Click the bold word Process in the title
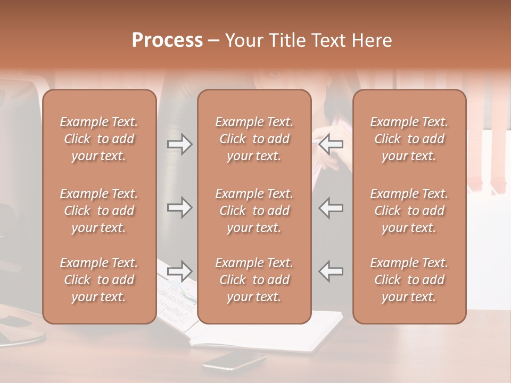[167, 40]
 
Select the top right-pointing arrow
[180, 144]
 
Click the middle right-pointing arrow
[180, 207]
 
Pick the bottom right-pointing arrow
[180, 271]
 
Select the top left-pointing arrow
[331, 144]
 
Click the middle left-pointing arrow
[331, 207]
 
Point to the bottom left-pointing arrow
[331, 271]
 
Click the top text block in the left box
[99, 139]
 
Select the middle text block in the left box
[99, 211]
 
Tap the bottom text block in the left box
[99, 280]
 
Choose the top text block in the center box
[254, 139]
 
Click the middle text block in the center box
[254, 211]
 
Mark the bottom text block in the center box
[254, 280]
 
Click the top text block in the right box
[409, 139]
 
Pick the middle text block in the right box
[409, 211]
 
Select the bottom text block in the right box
[409, 280]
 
